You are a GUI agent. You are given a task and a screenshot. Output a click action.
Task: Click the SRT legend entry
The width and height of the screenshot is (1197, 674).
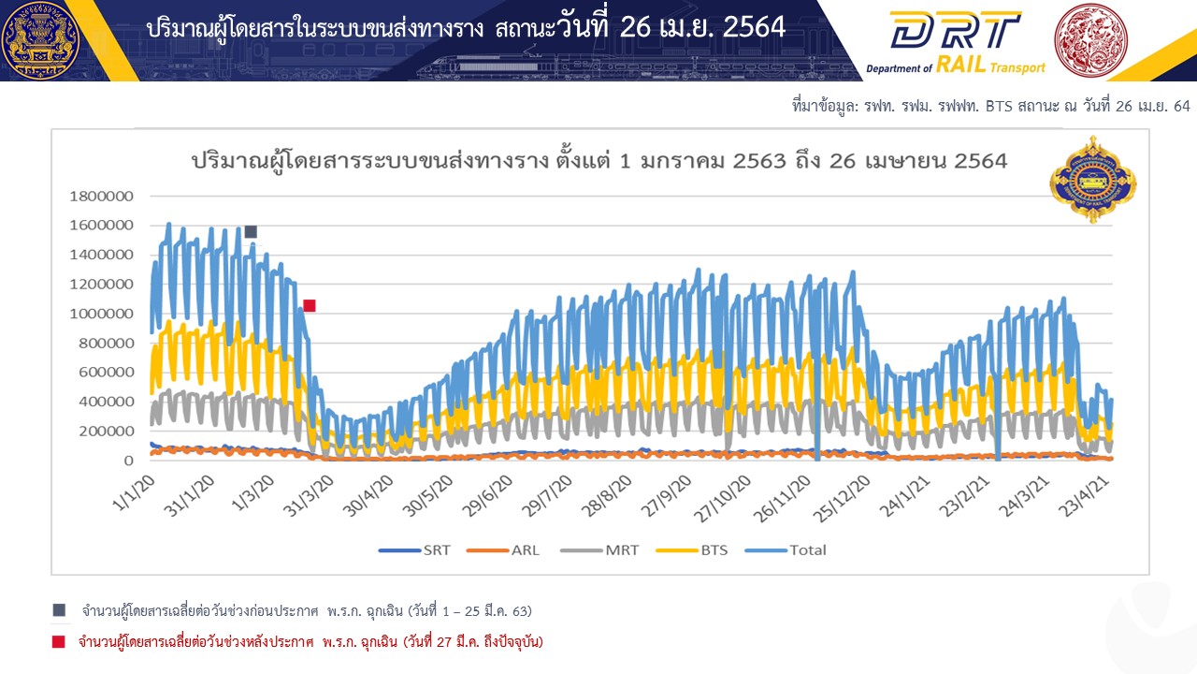coord(414,549)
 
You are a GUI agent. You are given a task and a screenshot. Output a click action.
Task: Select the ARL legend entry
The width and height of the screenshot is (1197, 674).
coord(503,549)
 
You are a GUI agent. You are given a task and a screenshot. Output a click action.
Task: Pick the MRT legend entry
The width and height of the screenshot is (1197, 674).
coord(599,549)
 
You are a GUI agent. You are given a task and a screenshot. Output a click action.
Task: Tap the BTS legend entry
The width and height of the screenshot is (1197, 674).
coord(692,549)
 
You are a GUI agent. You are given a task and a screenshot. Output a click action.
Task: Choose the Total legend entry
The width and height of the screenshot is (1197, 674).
coord(786,549)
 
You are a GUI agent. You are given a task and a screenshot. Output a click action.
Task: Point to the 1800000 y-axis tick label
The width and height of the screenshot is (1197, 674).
coord(102,197)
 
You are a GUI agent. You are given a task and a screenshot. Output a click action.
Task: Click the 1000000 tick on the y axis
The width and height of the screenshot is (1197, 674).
coord(102,314)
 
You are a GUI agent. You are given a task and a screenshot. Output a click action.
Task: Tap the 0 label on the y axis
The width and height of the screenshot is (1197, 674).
coord(128,461)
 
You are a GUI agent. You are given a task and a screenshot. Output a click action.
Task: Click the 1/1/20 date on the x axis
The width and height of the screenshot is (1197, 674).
coord(135,493)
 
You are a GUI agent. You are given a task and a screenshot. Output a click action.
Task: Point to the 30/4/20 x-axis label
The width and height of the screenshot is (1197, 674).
coord(368,496)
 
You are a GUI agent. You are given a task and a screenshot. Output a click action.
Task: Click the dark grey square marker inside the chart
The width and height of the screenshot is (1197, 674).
coord(251,231)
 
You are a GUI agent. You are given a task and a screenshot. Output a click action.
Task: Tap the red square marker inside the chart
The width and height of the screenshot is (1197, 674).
coord(310,305)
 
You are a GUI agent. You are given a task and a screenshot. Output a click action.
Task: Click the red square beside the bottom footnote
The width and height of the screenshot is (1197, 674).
coord(59,641)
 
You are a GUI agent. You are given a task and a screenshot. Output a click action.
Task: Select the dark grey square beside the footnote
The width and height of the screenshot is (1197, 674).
coord(59,610)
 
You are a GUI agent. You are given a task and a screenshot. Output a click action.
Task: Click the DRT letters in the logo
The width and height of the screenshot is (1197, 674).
coord(956,30)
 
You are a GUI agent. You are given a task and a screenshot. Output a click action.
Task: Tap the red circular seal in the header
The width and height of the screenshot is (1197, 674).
coord(1090,40)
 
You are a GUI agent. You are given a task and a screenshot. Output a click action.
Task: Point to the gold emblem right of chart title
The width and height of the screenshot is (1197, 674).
coord(1093,180)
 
